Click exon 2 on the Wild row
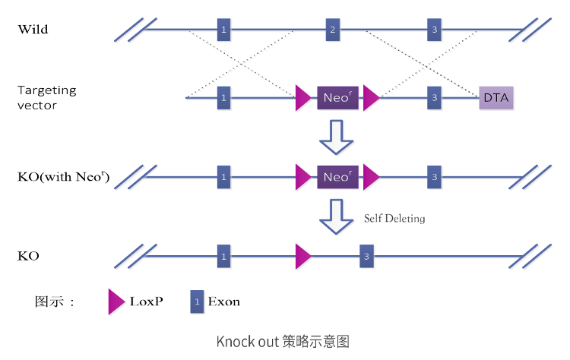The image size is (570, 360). point(332,30)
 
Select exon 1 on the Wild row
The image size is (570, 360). point(223,30)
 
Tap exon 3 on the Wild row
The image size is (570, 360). point(434,30)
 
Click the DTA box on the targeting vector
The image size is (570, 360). point(496,98)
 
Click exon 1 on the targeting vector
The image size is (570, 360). point(223,98)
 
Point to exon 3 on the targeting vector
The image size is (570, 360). point(434,98)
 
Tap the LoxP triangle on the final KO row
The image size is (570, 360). point(302,256)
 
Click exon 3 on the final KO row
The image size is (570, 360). point(367,256)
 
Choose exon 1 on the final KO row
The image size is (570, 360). point(223,256)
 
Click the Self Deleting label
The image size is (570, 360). point(394,218)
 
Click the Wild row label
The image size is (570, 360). point(33,30)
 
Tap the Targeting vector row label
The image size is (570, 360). point(46,97)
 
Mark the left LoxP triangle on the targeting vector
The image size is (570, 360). point(303,98)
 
